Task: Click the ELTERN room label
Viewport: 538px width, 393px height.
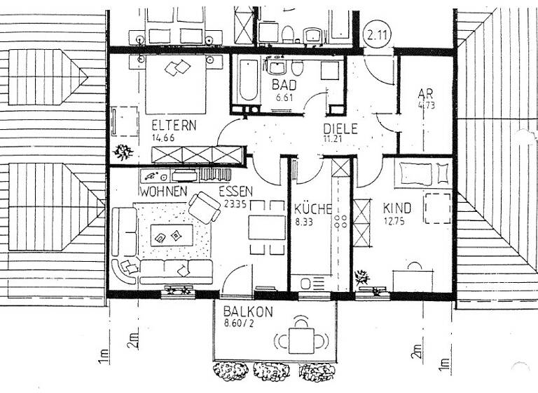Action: [x=174, y=126]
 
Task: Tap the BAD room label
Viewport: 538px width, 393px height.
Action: [x=284, y=85]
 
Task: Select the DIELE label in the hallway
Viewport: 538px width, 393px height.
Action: [x=340, y=128]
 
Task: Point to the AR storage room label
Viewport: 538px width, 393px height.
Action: [x=425, y=95]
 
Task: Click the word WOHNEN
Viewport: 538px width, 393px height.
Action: [x=163, y=191]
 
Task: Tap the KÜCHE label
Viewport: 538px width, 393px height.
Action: [x=312, y=208]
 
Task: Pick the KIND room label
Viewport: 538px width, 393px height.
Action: [x=397, y=208]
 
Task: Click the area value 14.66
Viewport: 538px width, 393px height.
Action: [x=163, y=138]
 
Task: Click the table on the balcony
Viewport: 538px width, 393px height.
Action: [x=302, y=342]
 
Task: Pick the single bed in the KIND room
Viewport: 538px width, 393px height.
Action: [x=422, y=173]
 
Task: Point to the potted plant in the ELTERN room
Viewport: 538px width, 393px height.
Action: [x=123, y=152]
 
